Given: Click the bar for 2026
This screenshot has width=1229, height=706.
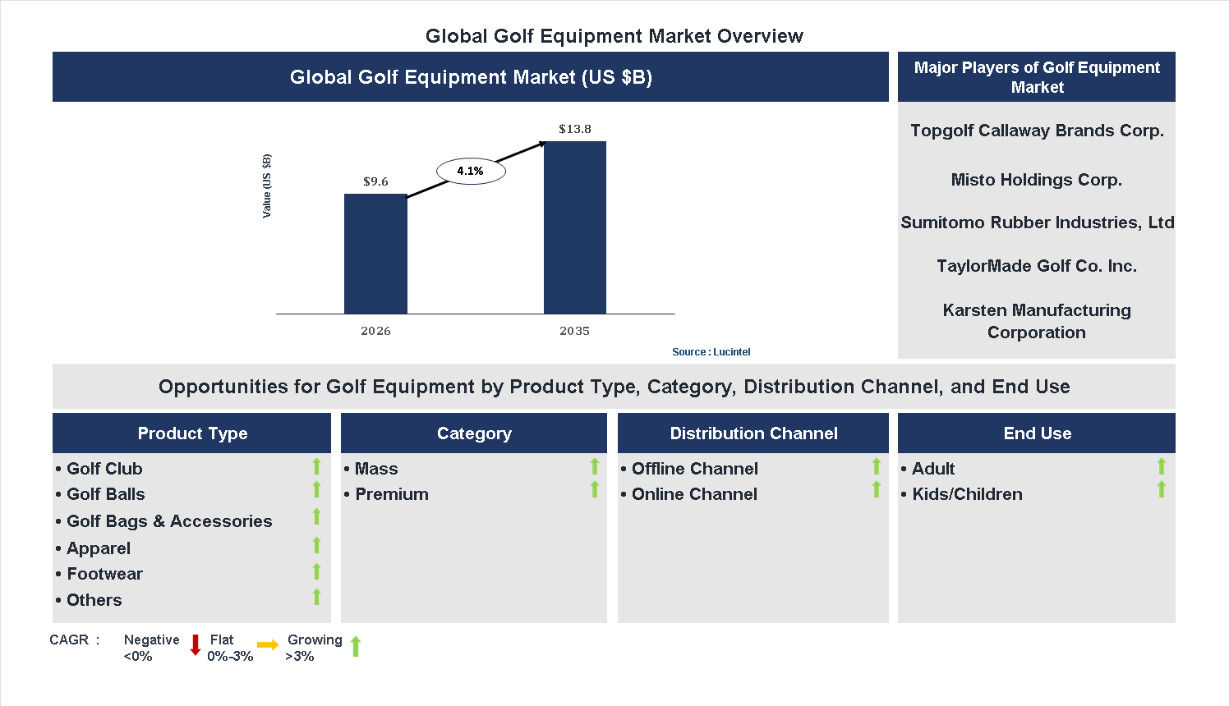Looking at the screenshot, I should point(375,254).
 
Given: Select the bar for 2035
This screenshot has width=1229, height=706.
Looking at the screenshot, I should point(575,227).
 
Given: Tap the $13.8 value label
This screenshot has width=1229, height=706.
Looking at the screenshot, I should point(575,129).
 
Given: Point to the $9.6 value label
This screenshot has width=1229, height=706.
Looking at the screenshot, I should point(375,181).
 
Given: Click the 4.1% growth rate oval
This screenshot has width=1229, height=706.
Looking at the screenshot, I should point(471,171).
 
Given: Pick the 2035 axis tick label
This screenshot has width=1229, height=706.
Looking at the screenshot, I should point(575,331).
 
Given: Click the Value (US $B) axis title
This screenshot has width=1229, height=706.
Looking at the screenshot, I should point(266,186).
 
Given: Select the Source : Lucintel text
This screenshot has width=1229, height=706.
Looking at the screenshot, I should point(711,352).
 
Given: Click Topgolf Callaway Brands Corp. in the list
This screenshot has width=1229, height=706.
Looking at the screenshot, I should point(1037,131).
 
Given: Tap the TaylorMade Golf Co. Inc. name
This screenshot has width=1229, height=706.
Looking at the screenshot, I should point(1037,266).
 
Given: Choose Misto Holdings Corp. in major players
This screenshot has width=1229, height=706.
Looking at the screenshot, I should point(1037,180).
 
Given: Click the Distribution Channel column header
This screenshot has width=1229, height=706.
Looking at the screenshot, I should point(753,433).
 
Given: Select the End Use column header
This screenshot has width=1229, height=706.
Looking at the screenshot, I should point(1037,433).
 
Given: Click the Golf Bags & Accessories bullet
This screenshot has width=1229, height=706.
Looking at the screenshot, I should point(169,521).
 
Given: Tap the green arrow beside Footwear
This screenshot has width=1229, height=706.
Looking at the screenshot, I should point(316,571).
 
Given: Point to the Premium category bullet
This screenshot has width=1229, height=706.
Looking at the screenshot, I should point(392,494).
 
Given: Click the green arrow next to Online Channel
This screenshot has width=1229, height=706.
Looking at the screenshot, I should point(877,490).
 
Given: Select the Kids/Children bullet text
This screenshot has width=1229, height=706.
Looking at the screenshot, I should point(967,494).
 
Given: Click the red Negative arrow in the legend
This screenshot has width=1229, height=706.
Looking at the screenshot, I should point(196,645).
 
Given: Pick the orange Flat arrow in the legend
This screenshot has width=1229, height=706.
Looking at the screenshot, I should point(268,645).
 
